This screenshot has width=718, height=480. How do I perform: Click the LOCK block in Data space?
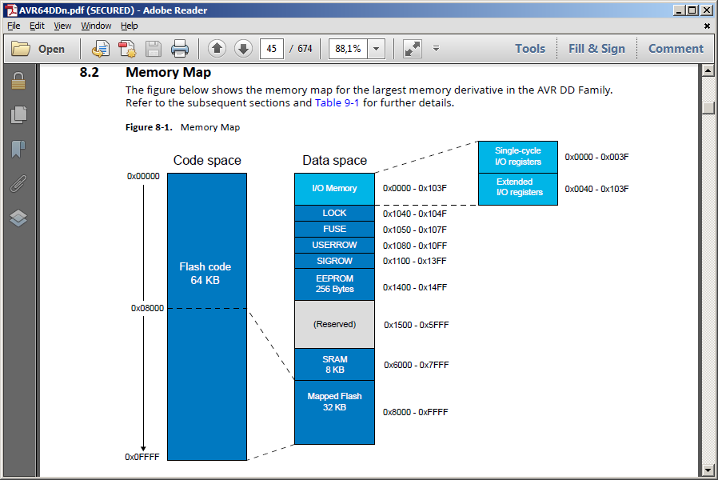tap(334, 213)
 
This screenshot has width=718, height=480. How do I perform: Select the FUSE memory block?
tap(334, 229)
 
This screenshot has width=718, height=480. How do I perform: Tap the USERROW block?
tap(334, 245)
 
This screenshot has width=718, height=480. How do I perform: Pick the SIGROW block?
tap(334, 261)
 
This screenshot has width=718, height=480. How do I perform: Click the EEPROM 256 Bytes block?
tap(334, 284)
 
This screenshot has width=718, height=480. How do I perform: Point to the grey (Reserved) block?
tap(334, 324)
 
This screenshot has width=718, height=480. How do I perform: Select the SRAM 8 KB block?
tap(334, 365)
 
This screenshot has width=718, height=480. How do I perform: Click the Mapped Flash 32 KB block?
tap(334, 412)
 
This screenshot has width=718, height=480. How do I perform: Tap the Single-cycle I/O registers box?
tap(518, 157)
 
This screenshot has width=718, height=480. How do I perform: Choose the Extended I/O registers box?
tap(518, 189)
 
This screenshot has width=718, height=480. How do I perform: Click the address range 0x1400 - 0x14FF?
tap(415, 287)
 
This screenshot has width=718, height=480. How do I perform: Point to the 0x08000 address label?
tap(147, 308)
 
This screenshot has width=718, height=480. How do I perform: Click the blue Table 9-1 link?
tap(337, 102)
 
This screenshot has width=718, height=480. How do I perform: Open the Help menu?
tap(130, 26)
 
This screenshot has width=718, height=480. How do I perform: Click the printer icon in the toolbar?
tap(179, 49)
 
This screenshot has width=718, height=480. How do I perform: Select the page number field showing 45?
tap(272, 49)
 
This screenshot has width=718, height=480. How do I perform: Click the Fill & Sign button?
tap(596, 49)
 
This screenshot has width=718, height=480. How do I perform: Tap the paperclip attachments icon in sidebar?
tap(18, 184)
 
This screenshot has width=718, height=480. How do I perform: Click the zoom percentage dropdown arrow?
tap(376, 49)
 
